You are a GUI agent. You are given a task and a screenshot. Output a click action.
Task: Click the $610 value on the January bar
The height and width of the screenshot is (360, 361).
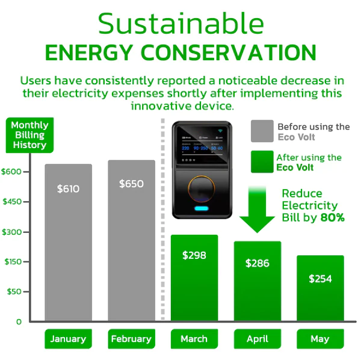(68, 189)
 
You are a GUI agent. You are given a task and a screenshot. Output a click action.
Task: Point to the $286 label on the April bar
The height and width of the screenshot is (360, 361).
(258, 263)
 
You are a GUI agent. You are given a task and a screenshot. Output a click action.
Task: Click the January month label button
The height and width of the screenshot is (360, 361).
(68, 339)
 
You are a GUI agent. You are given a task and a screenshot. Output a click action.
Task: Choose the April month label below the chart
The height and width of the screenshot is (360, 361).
(258, 339)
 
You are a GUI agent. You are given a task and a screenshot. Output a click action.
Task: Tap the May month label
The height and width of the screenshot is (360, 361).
(320, 339)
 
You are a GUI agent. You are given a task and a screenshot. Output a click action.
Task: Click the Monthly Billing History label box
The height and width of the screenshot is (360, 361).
(29, 135)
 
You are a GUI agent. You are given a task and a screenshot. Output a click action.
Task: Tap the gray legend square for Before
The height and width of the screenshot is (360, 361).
(262, 131)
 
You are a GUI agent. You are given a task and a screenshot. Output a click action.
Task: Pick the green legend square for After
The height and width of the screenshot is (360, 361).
(262, 162)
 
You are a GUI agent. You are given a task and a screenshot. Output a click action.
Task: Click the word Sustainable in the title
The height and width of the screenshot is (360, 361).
(180, 23)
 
